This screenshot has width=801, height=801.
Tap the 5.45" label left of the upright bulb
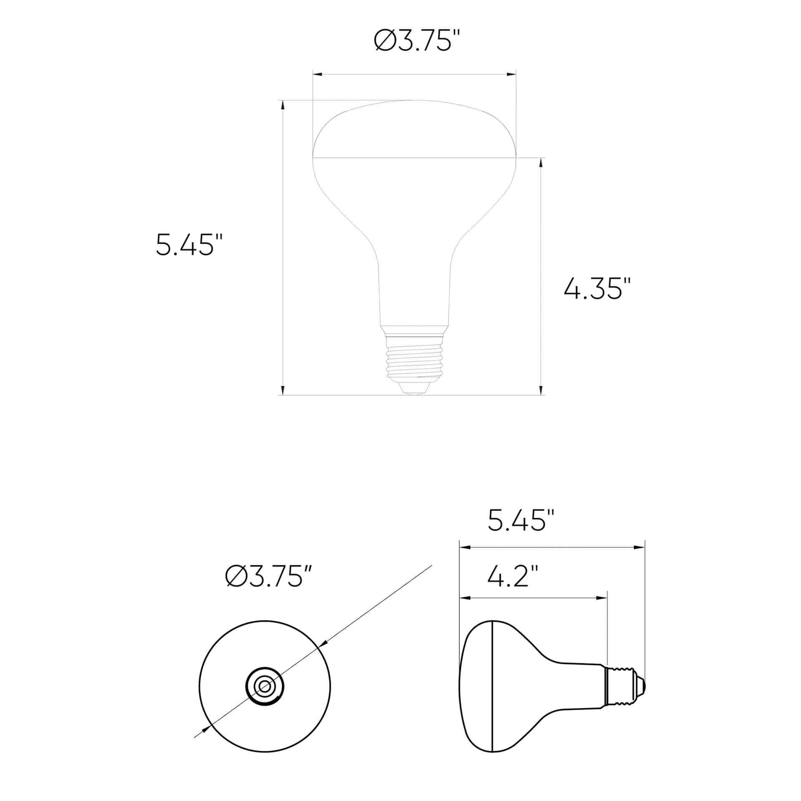coord(184,245)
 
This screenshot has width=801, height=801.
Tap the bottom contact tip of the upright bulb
coord(414,390)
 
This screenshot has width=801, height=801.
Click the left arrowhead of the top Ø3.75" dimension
coord(317,75)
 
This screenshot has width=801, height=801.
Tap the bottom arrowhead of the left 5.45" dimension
coord(283,390)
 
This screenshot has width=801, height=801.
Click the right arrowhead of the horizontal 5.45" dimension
coord(640,547)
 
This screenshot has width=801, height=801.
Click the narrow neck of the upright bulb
coord(414,292)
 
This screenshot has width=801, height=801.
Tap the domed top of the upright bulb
coord(414,125)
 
